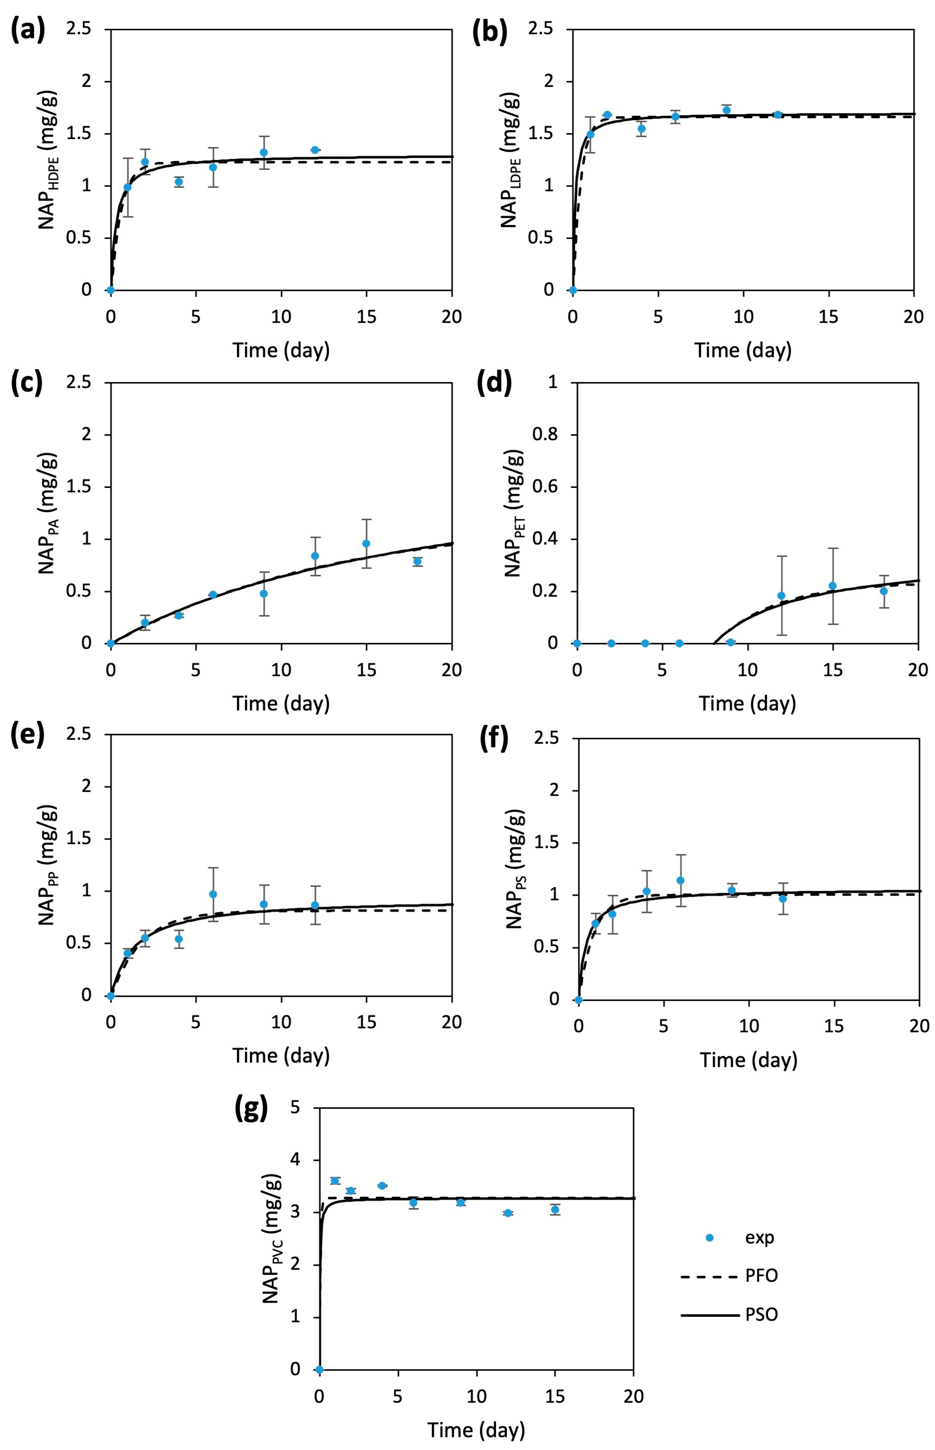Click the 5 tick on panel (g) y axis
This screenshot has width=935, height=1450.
pos(295,1108)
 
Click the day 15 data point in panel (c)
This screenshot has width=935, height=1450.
pos(366,543)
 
